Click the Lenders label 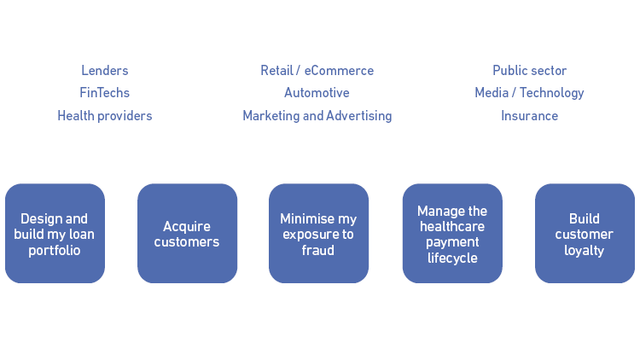point(105,71)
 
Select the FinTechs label point(105,93)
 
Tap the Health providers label point(105,116)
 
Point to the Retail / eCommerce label point(317,71)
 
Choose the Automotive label point(317,93)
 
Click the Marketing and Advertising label point(317,116)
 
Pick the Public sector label point(529,71)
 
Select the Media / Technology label point(529,93)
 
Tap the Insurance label point(529,116)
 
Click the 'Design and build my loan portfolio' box point(55,234)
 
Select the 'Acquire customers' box point(187,234)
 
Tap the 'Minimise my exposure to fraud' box point(318,234)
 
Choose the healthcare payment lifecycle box point(452,234)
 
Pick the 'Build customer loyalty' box point(585,234)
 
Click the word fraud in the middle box point(318,251)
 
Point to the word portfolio point(55,251)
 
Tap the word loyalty point(585,251)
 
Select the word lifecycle point(452,258)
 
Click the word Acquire point(187,226)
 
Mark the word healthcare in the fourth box point(452,227)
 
